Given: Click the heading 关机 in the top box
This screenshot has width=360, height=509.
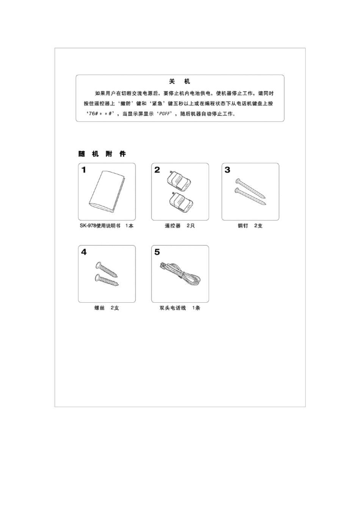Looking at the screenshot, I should coord(180,82).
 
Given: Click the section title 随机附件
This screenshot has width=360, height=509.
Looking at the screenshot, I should coord(102,154).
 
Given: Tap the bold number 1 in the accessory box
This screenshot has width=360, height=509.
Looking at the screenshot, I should coord(84,170).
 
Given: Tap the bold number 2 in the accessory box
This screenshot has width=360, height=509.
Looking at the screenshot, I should coord(157,170).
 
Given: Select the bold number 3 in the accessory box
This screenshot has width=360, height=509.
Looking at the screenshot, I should coord(227,170).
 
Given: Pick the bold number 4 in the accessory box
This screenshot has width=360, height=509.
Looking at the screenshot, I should coord(84,252).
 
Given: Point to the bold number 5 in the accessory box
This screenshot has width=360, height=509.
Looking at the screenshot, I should coord(157,252).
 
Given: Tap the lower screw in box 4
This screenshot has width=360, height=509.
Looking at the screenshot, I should coord(106,279).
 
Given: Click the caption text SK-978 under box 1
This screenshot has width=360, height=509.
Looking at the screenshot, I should coord(88,226).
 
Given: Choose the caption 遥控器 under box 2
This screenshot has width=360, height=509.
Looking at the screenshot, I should coord(173,226).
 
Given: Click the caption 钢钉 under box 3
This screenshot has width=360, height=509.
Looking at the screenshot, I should coord(243,226).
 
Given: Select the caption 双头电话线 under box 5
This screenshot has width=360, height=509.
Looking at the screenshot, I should coord(173,308).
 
